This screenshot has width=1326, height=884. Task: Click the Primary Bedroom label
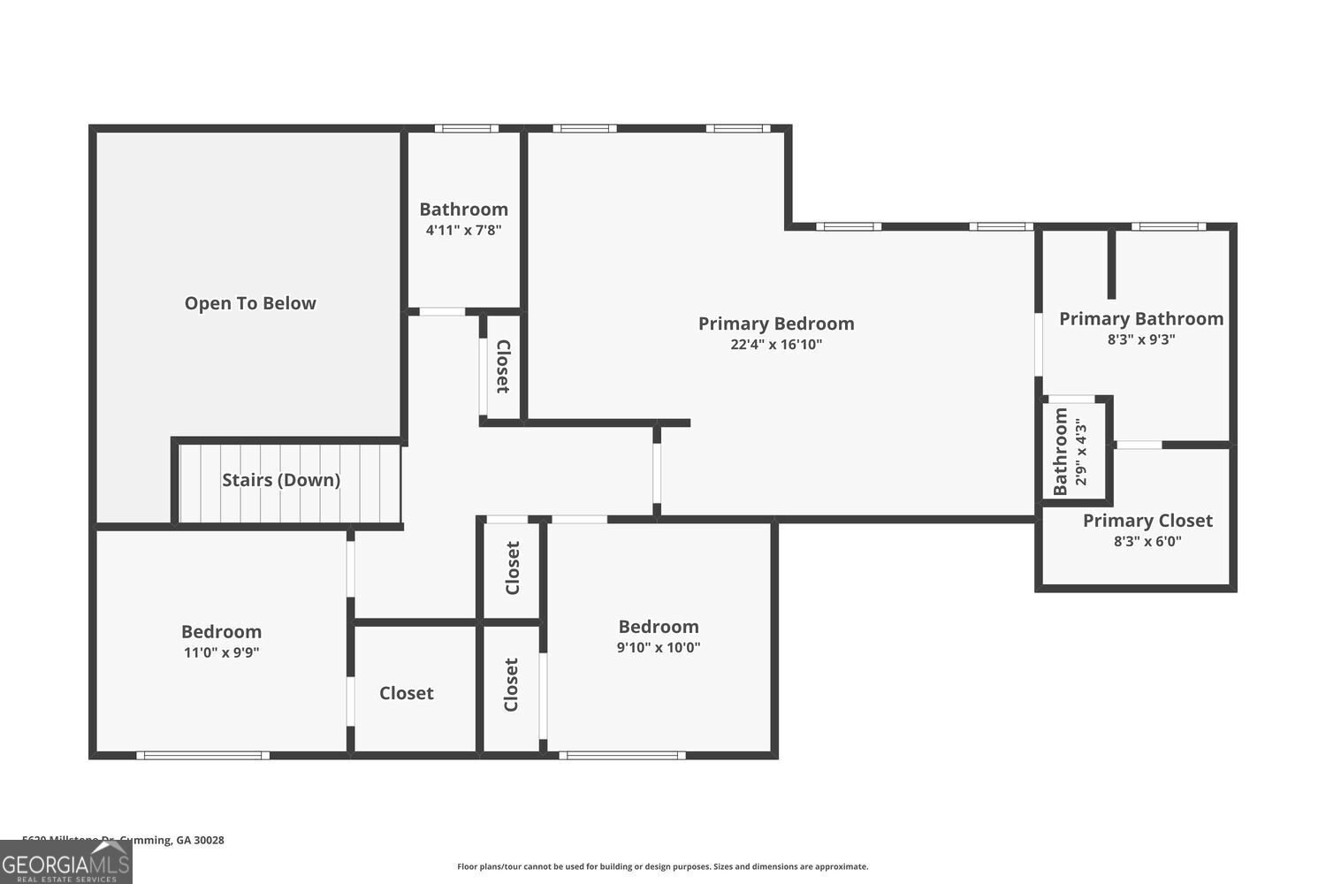pos(776,324)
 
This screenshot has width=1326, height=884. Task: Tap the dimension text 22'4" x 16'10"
pos(776,345)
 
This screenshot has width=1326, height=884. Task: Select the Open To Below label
pos(250,303)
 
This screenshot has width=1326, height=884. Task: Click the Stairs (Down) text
pos(281,480)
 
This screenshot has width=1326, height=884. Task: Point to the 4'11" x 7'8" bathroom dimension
pos(463,230)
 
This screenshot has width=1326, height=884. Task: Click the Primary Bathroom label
pos(1141,318)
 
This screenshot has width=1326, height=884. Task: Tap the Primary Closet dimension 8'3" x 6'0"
pos(1147,541)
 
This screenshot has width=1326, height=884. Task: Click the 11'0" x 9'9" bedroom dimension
pos(221,652)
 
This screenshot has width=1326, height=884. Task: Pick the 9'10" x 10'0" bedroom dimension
pos(659,647)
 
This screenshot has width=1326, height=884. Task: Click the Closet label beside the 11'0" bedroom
pos(407,693)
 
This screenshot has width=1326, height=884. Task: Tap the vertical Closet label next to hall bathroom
pos(502,366)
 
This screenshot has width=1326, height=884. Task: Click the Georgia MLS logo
pos(65,862)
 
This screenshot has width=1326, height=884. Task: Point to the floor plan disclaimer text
pos(662,866)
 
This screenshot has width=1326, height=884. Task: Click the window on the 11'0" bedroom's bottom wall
pos(203,755)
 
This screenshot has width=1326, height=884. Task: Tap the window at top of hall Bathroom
pos(466,129)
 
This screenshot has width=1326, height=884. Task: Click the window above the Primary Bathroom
pos(1169,227)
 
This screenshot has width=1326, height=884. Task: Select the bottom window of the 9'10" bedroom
pos(622,755)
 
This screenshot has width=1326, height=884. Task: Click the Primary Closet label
pos(1147,521)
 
